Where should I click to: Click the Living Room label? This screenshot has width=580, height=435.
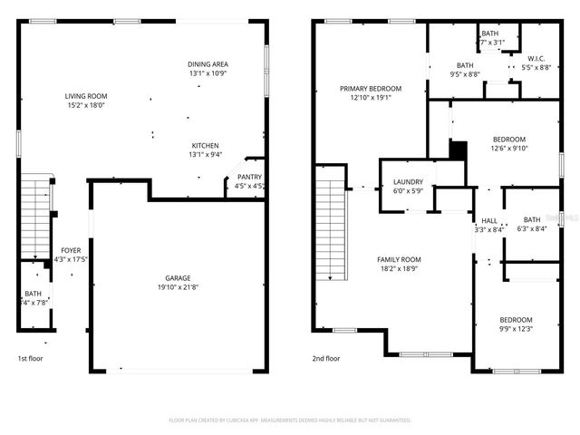click(x=85, y=96)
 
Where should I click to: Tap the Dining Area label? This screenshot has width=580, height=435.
click(x=208, y=64)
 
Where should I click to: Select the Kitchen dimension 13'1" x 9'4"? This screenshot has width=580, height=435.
click(x=205, y=155)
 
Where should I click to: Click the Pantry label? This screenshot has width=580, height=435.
click(x=249, y=177)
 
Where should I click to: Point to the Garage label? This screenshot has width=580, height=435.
click(x=178, y=278)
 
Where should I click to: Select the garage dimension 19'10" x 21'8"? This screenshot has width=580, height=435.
click(x=178, y=287)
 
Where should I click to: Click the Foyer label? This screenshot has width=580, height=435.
click(x=70, y=250)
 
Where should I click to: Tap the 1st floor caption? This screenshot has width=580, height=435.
click(x=30, y=358)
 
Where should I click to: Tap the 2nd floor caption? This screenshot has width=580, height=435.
click(x=325, y=358)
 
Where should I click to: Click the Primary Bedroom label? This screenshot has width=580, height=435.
click(x=370, y=89)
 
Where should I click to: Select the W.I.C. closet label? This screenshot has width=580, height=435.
click(x=534, y=57)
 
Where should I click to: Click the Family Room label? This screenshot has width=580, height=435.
click(x=399, y=259)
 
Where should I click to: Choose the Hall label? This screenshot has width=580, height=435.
click(x=488, y=220)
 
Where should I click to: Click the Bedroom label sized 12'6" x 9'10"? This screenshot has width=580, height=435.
click(x=508, y=140)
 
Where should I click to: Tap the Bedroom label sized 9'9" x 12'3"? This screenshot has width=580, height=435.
click(x=517, y=320)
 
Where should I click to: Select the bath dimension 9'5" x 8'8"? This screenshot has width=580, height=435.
click(x=465, y=74)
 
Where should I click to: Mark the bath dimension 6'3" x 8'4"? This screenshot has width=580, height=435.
click(x=531, y=228)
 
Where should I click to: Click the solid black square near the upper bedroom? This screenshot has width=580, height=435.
click(x=458, y=149)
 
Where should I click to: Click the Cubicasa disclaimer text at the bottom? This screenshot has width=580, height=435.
click(x=290, y=420)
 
